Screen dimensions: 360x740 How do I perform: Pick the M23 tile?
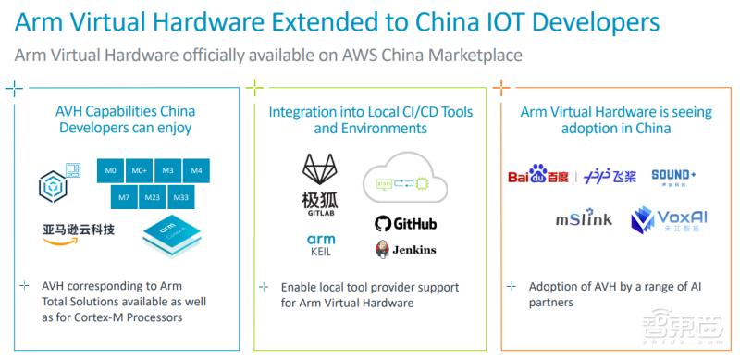(x=154, y=197)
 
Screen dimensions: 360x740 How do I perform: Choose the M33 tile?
(x=182, y=197)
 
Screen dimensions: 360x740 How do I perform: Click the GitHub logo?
(x=405, y=224)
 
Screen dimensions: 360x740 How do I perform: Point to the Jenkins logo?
(x=405, y=250)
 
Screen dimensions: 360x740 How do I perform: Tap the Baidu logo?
(x=538, y=176)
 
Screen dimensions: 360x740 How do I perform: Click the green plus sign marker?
(x=258, y=89)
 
